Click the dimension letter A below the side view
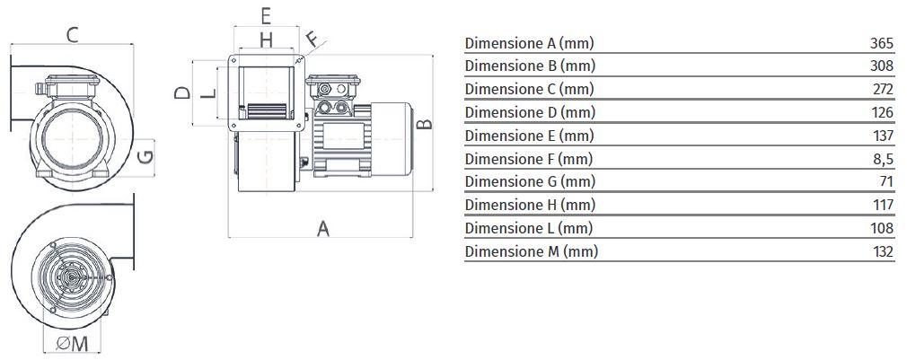click(323, 229)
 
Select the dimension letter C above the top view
click(75, 35)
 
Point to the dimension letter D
click(181, 93)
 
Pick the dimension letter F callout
click(312, 40)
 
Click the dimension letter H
click(266, 40)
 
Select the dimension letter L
click(208, 94)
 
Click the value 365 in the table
click(882, 43)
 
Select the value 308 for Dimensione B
click(882, 66)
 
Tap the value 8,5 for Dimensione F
click(884, 159)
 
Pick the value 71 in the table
click(887, 182)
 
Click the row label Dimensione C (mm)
click(529, 90)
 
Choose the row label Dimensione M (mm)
click(531, 251)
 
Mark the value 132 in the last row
click(883, 251)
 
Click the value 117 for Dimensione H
click(883, 206)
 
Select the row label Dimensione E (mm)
click(529, 136)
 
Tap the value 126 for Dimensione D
click(883, 112)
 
